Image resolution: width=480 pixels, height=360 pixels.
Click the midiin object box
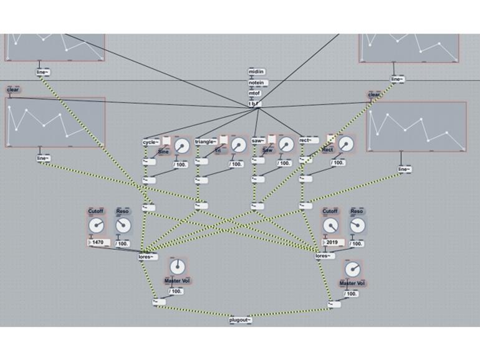pos(256,72)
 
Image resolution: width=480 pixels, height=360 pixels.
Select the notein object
pos(256,83)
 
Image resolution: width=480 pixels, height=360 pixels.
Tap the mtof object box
pos(256,93)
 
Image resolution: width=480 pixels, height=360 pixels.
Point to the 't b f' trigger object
pos(255,104)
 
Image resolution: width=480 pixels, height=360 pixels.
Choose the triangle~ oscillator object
pos(206,141)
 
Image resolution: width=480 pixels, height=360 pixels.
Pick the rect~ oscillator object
pos(309,141)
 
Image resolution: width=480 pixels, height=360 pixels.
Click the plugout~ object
pos(241,320)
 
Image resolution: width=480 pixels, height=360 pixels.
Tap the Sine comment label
pos(164,151)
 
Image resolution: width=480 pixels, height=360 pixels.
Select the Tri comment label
pos(219,151)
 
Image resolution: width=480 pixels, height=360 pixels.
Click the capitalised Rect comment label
pos(328,150)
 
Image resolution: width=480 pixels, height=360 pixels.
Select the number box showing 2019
pos(332,243)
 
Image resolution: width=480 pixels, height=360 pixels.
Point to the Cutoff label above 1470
pos(95,212)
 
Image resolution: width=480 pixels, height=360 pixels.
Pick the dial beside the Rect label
pos(347,144)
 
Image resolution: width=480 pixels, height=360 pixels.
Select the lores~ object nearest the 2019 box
pos(325,256)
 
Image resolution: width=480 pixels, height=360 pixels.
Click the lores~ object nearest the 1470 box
pos(147,256)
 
